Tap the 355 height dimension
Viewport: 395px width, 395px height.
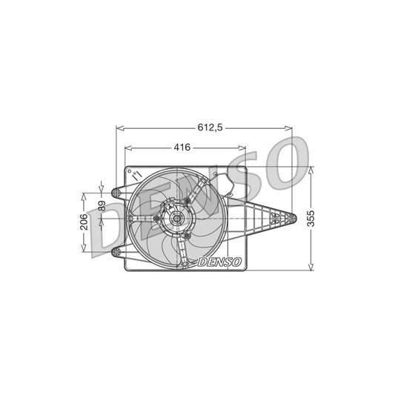pos(319,219)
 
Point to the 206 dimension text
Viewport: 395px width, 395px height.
pos(84,222)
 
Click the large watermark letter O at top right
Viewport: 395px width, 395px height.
pos(284,163)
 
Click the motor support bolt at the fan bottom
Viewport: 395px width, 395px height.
pos(186,236)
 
